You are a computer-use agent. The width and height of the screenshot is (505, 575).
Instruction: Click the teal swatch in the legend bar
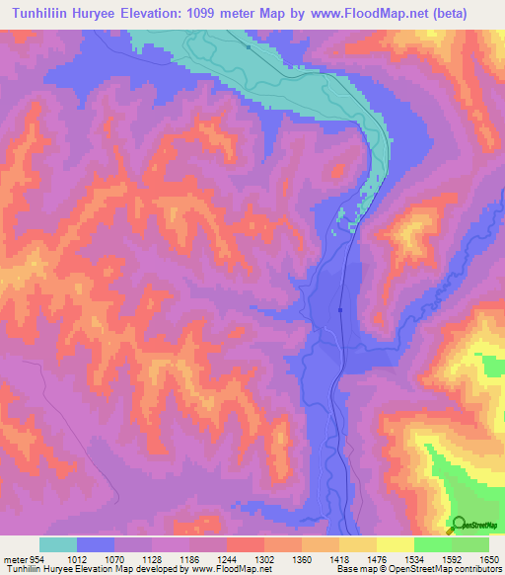tap(58, 544)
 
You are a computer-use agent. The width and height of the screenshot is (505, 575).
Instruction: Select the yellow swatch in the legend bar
tap(395, 544)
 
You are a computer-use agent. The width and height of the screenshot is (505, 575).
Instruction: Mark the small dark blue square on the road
tap(339, 310)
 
